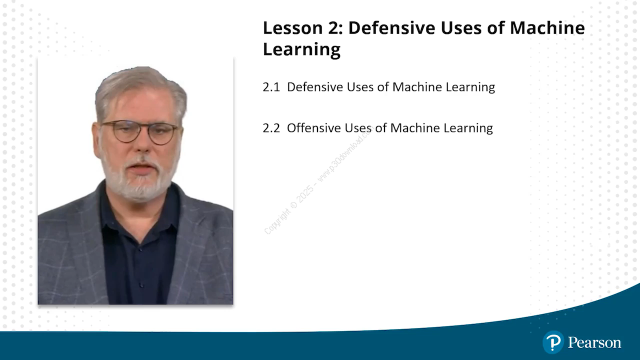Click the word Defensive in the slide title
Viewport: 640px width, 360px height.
pyautogui.click(x=391, y=27)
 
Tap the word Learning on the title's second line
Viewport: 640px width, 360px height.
pyautogui.click(x=301, y=49)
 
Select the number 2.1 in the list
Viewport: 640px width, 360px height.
pyautogui.click(x=271, y=87)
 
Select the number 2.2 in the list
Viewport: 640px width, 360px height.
pyautogui.click(x=271, y=128)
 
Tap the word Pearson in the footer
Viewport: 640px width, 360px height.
pyautogui.click(x=594, y=342)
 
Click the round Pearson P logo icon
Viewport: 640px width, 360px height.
pyautogui.click(x=553, y=342)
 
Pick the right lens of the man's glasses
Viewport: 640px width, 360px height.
pyautogui.click(x=162, y=133)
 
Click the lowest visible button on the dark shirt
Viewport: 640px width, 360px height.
pyautogui.click(x=141, y=284)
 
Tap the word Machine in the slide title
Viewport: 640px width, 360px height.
pyautogui.click(x=547, y=27)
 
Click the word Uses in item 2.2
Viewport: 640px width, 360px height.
pyautogui.click(x=357, y=127)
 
